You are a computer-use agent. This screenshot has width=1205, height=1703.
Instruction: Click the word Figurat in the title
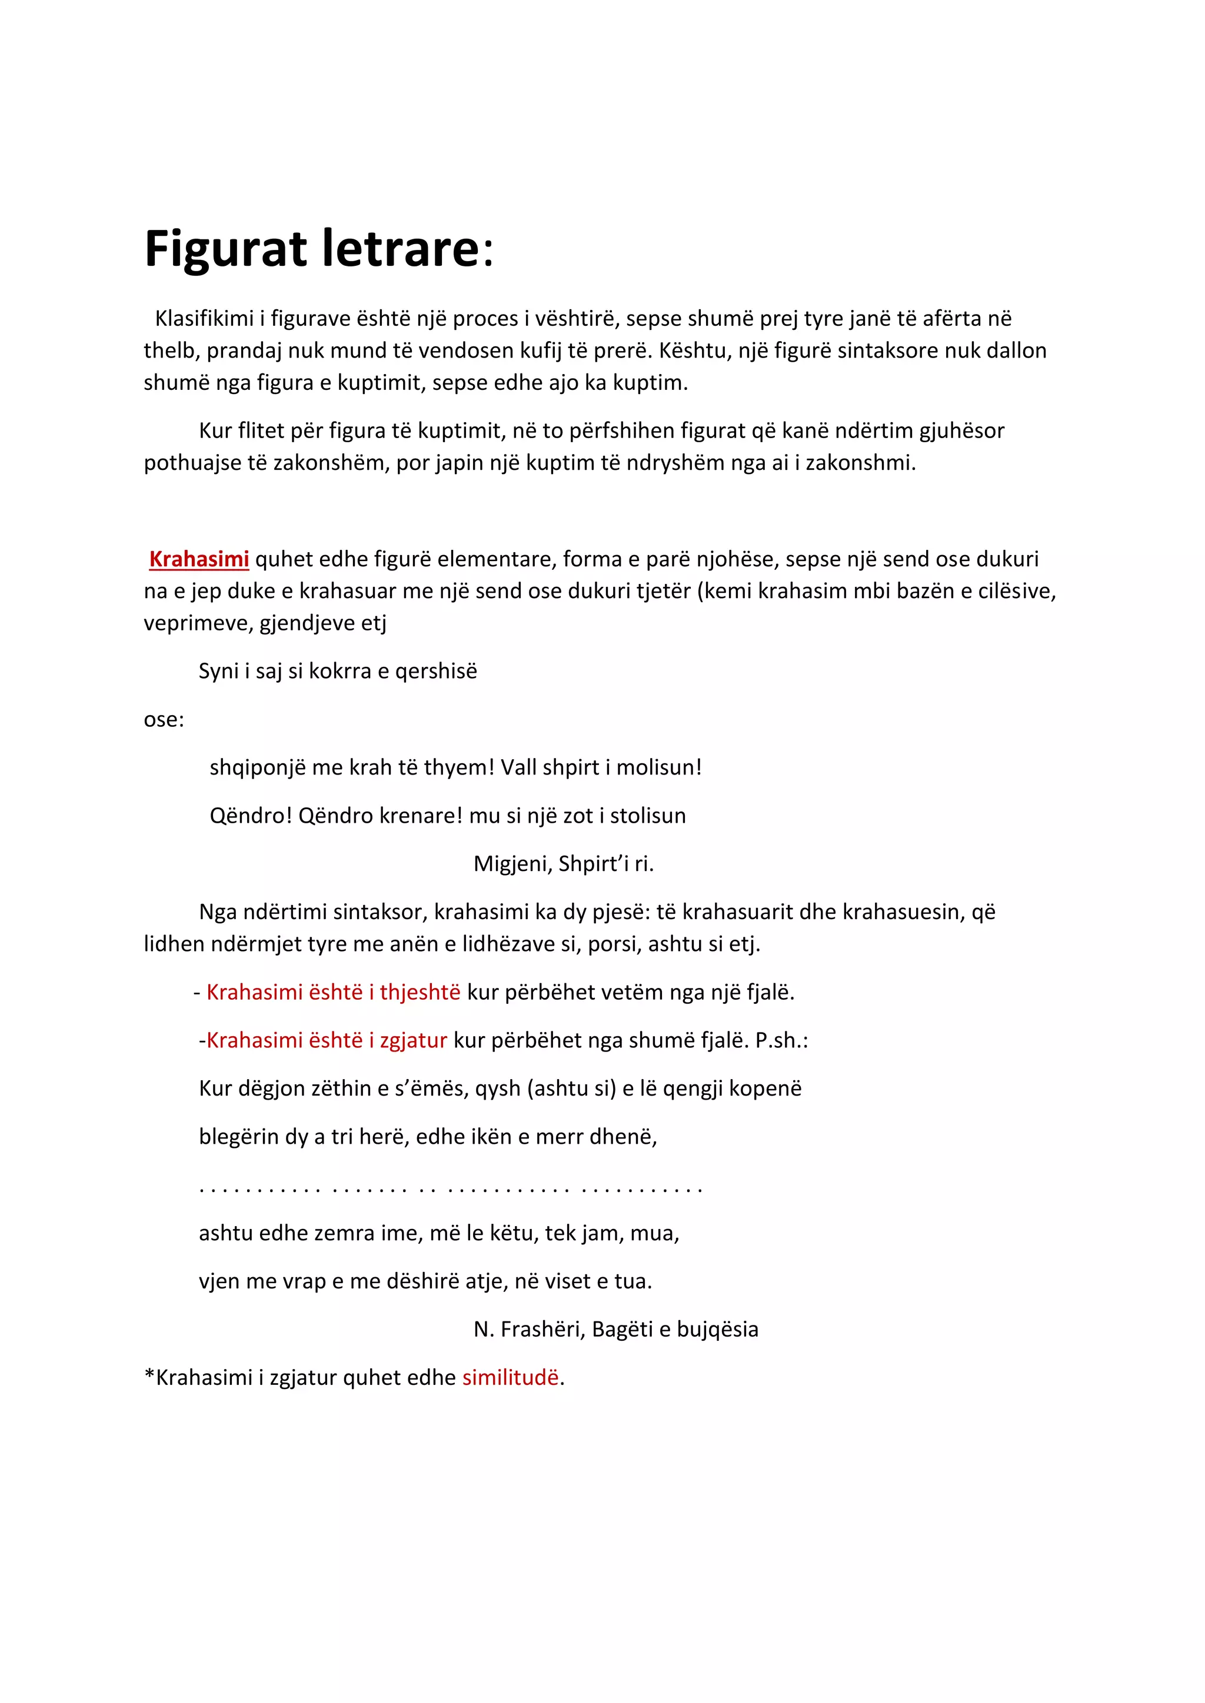(225, 249)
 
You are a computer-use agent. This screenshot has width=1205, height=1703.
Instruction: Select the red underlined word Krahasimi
(199, 559)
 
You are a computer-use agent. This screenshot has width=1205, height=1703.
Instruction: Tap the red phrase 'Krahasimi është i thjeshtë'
(333, 993)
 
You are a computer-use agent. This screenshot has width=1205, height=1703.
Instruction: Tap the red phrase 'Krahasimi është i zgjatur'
(327, 1041)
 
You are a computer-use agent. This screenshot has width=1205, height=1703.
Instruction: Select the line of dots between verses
(450, 1186)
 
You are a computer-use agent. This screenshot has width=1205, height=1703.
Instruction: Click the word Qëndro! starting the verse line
(251, 816)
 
